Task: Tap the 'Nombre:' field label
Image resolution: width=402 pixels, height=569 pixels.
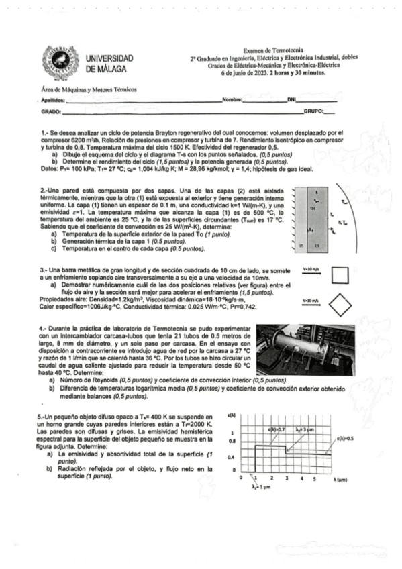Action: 232,99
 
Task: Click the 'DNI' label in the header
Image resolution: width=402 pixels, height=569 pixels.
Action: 291,99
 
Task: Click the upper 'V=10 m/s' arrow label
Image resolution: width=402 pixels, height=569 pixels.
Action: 313,269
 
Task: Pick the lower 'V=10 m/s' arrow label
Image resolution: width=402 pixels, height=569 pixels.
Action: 313,300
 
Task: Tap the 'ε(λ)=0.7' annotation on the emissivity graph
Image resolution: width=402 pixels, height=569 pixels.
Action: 276,428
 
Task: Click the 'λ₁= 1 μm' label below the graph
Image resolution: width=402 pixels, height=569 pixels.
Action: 251,488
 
